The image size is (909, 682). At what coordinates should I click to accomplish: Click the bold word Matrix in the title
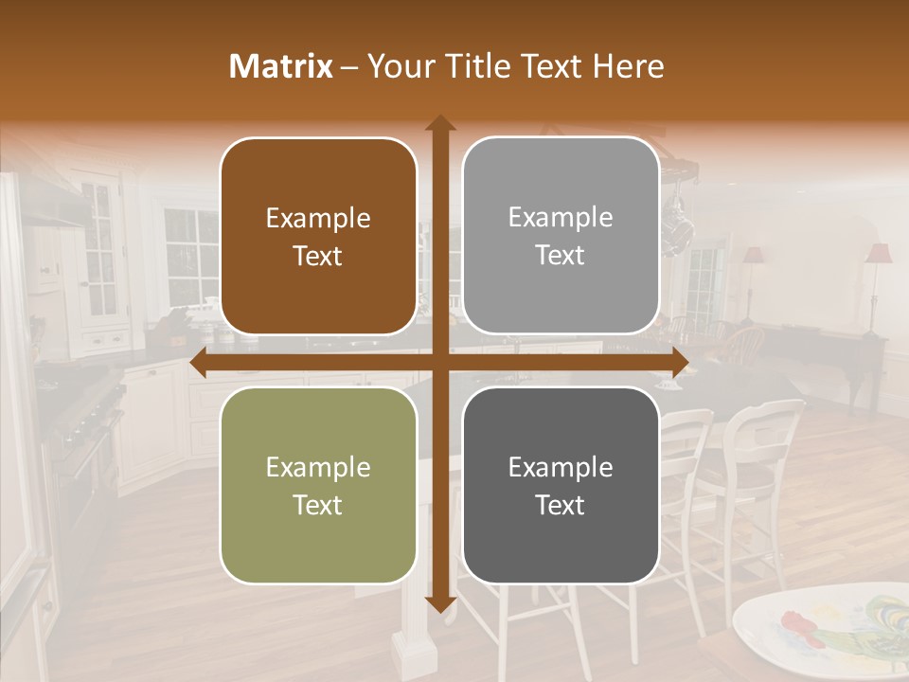(x=281, y=66)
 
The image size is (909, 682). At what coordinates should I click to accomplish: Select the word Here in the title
(x=629, y=66)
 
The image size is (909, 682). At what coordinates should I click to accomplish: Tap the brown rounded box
(x=318, y=236)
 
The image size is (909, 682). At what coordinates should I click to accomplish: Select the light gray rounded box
(x=561, y=236)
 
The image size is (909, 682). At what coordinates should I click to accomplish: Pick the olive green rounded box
(x=318, y=485)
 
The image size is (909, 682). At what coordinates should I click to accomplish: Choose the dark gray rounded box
(x=561, y=485)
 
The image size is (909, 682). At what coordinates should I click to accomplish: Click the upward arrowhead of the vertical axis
(x=440, y=124)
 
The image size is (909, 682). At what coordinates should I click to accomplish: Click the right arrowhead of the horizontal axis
(x=679, y=363)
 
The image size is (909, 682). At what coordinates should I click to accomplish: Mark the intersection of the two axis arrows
(x=440, y=363)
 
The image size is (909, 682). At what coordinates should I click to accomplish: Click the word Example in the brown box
(x=318, y=219)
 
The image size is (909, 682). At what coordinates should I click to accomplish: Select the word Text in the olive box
(x=318, y=505)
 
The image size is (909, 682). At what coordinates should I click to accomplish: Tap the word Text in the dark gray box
(x=561, y=505)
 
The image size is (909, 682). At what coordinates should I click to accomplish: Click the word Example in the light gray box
(x=561, y=218)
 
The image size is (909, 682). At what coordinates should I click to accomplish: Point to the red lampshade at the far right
(x=879, y=254)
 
